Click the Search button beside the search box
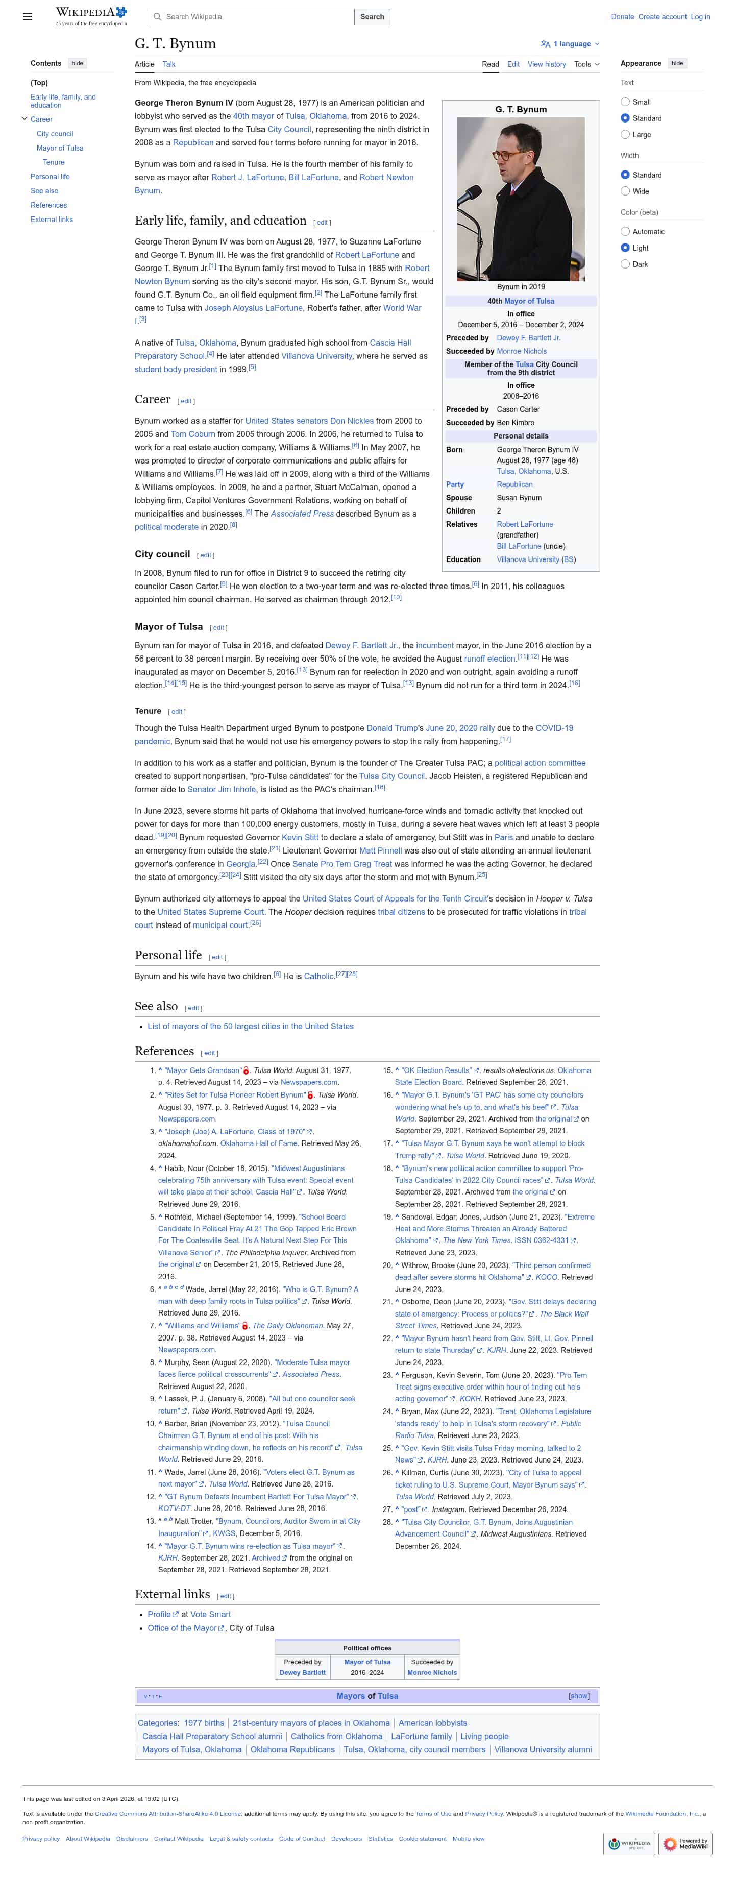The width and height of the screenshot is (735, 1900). pos(372,17)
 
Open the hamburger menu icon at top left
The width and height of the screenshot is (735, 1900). pos(27,17)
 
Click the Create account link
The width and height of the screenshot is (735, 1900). pos(662,17)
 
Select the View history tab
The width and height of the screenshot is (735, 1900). pos(546,64)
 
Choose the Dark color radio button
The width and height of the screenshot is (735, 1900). pos(625,264)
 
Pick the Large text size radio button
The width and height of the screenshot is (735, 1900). pos(625,134)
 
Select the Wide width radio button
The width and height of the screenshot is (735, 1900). pos(625,191)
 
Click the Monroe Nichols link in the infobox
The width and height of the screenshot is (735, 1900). pos(521,351)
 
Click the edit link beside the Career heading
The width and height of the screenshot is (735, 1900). pos(186,401)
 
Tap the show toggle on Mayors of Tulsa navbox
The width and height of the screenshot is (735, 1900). pos(579,1696)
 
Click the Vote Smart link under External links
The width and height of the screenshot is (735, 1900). pos(210,1615)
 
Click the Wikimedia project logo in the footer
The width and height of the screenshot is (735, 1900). pos(628,1843)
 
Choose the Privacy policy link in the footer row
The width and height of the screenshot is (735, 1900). pos(40,1839)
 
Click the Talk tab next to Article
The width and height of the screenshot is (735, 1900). pos(169,64)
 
